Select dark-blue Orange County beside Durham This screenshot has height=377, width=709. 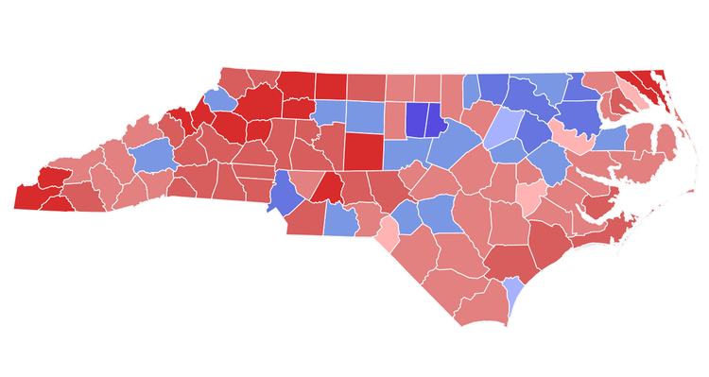[416, 121]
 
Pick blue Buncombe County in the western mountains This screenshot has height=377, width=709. [150, 156]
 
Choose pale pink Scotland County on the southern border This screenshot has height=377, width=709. [388, 233]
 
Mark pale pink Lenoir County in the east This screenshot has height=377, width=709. [530, 197]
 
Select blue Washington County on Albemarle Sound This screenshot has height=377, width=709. [609, 138]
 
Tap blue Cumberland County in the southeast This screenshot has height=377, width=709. [436, 214]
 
